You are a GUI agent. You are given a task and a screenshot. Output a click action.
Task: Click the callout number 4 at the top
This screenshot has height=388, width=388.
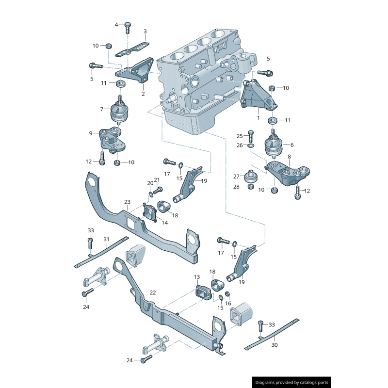(x=116, y=24)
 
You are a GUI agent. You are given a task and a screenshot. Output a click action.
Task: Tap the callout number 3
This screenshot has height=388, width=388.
(x=145, y=32)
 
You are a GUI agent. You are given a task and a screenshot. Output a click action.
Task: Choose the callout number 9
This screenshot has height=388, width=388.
(x=91, y=133)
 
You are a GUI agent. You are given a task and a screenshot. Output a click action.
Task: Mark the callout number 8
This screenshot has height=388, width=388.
(x=290, y=157)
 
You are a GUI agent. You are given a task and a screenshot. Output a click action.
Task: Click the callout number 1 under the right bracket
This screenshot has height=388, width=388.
(x=259, y=117)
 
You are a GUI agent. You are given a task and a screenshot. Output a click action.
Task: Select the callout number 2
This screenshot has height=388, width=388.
(x=143, y=94)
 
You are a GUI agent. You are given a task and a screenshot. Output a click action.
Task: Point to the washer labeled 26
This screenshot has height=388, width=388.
(x=250, y=145)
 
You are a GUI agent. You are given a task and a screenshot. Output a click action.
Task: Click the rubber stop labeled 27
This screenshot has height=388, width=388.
(x=251, y=177)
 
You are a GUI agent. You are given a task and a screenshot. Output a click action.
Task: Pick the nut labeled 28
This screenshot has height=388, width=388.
(x=251, y=187)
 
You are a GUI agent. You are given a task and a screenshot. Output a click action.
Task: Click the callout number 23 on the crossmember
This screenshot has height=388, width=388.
(x=127, y=202)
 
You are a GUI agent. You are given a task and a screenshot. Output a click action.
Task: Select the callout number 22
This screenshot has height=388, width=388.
(x=153, y=292)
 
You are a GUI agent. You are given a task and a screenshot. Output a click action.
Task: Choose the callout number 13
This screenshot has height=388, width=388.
(x=197, y=277)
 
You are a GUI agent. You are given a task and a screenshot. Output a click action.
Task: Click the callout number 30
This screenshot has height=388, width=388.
(x=275, y=345)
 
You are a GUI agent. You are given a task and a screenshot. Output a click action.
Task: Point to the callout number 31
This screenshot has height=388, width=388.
(x=106, y=239)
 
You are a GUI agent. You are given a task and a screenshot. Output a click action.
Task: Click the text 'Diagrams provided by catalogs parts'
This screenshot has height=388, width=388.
(x=292, y=382)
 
